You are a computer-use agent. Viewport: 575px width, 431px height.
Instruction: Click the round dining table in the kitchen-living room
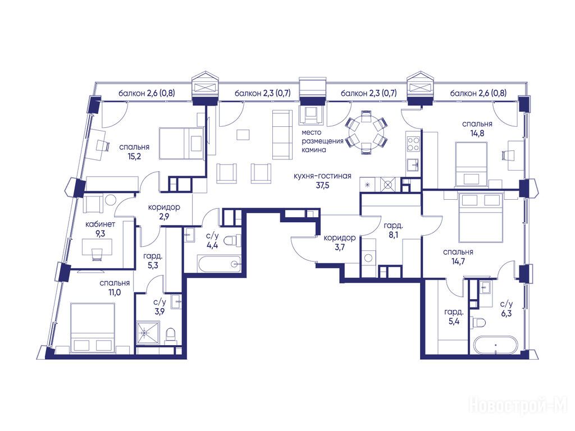366,131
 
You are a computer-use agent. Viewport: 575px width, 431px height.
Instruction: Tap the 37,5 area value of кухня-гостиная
323,185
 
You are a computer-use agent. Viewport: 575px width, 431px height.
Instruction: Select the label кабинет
100,224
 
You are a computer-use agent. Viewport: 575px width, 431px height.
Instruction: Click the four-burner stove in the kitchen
413,143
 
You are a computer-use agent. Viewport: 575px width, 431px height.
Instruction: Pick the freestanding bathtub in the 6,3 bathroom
495,345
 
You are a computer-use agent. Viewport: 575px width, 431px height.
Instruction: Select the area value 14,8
477,133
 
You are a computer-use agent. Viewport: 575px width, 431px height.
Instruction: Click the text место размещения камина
322,141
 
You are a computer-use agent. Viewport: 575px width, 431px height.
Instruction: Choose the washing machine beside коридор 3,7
368,258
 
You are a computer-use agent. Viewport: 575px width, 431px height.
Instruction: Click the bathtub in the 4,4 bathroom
219,264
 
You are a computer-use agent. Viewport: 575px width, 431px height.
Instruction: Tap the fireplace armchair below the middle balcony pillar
312,114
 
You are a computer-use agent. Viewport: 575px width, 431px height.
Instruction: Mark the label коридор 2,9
164,212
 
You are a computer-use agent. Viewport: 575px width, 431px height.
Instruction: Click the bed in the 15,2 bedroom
181,143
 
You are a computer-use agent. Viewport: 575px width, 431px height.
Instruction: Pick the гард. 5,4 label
454,317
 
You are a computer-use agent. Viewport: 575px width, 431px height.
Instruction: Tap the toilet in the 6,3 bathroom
479,323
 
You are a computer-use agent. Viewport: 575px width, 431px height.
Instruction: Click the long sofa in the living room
282,135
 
